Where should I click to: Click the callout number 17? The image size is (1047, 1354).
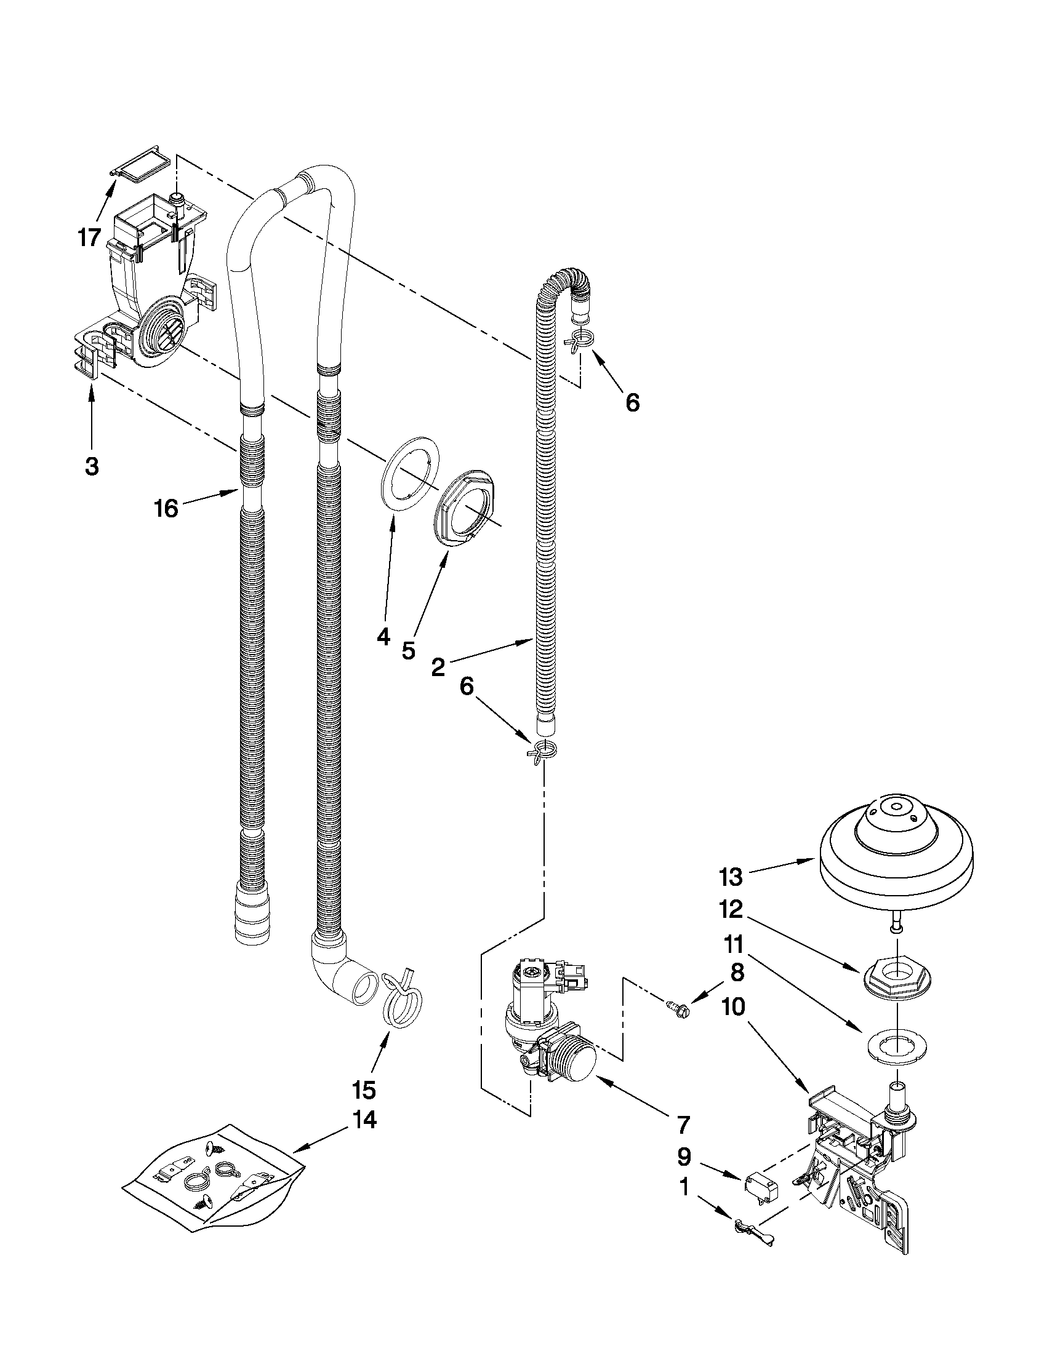click(x=90, y=237)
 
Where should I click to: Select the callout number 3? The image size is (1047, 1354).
click(x=92, y=466)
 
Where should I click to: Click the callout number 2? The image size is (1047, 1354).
click(x=438, y=667)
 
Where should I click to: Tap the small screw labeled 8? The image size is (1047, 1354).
click(x=676, y=1010)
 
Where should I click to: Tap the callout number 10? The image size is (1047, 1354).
click(x=733, y=1008)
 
